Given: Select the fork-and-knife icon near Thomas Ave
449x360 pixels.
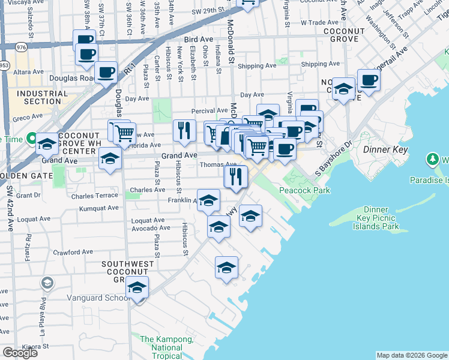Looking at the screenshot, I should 236,176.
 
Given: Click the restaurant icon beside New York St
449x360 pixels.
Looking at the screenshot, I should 184,130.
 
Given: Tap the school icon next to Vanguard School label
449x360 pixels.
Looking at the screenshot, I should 137,289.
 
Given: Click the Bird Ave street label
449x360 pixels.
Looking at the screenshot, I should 199,40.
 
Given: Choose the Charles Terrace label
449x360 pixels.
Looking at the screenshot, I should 94,196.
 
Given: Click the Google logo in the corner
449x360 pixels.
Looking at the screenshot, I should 20,353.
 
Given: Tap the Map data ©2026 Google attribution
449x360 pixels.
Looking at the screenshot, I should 411,355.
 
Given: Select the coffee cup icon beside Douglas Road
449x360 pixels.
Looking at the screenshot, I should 106,73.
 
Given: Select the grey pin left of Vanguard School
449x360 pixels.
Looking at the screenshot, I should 47,283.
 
